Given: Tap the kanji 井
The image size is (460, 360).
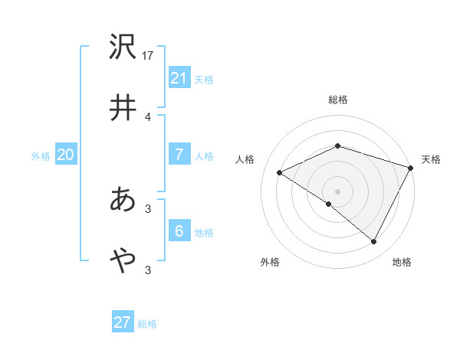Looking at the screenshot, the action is tap(122, 106).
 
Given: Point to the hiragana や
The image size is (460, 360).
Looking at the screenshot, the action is tap(122, 260).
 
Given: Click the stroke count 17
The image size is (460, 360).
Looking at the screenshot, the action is tap(149, 56).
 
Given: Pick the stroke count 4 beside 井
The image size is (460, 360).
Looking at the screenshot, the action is tap(147, 116).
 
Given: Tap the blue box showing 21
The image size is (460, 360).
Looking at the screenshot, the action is tap(179, 78).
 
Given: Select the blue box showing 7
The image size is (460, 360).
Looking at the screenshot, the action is tap(179, 155).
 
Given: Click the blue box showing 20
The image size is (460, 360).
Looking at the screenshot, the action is tap(65, 155).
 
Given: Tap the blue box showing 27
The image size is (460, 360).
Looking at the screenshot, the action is tap(122, 322).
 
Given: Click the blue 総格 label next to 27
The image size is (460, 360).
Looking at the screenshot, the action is tap(147, 324).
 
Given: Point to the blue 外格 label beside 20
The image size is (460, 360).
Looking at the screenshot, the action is tap(41, 156).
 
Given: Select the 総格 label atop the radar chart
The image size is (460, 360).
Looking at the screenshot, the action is tap(337, 100).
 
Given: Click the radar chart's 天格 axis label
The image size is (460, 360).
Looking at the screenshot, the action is tap(431, 159).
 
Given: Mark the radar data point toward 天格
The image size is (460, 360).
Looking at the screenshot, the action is tap(412, 168).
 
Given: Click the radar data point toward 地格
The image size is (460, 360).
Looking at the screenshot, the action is tap(374, 242).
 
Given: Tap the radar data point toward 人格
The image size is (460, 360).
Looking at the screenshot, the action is tap(280, 173).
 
